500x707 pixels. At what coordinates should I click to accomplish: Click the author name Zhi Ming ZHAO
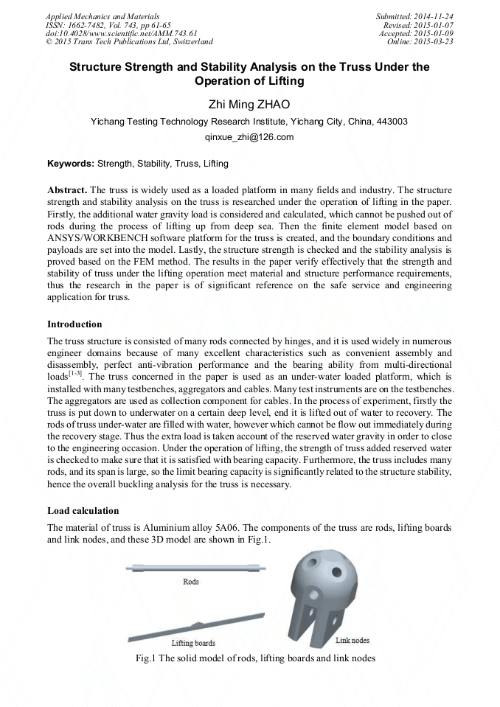pos(249,104)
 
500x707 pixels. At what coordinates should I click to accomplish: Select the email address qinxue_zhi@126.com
pos(249,137)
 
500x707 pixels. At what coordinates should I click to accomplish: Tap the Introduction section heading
pos(74,324)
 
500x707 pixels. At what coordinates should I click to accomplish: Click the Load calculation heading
pos(83,510)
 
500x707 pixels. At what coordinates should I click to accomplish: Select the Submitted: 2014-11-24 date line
pos(414,15)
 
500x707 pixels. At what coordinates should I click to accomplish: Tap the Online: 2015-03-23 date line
pos(420,42)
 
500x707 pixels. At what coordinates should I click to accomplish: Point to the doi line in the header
pos(111,33)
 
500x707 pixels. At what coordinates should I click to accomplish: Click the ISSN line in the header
pos(108,24)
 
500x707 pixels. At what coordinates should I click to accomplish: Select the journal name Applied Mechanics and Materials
pos(102,15)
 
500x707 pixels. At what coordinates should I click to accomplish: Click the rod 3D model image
pos(191,567)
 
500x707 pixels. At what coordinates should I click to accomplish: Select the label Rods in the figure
pos(191,582)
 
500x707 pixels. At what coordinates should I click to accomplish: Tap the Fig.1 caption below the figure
pos(249,658)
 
